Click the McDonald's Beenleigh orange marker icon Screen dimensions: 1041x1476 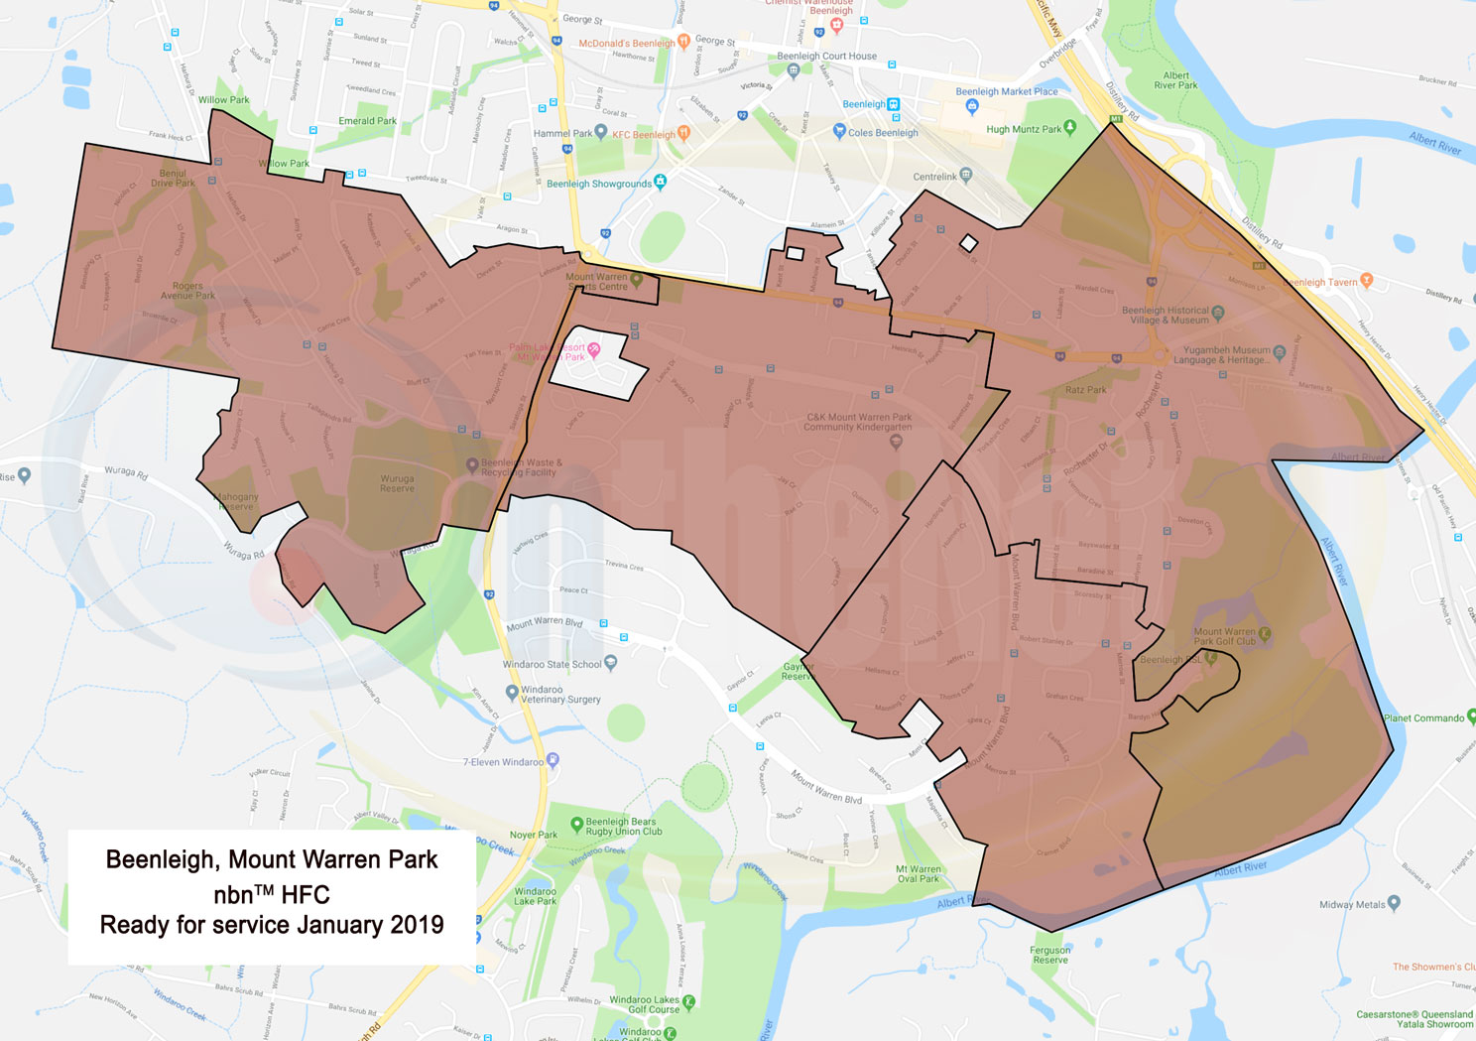683,43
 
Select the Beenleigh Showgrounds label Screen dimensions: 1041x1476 599,184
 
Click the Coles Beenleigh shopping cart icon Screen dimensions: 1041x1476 839,131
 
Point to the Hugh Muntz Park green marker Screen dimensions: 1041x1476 1069,128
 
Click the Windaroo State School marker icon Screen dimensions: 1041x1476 610,662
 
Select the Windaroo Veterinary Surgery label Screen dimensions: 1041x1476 560,695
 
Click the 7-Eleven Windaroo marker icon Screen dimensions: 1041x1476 553,760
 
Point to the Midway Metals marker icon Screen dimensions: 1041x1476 1395,902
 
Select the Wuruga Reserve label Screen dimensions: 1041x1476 397,483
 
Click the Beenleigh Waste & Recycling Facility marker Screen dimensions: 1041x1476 472,464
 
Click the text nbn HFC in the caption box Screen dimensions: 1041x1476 272,893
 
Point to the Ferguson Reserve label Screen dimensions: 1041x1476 1049,955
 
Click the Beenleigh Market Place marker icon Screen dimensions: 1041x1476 971,106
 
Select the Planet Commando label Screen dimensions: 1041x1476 1423,717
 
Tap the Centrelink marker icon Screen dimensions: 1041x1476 966,175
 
